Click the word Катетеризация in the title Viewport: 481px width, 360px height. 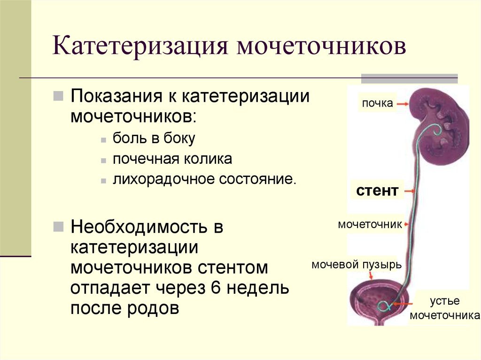click(140, 46)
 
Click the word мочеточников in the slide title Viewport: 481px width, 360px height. click(321, 46)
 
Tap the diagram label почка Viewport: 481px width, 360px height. click(377, 103)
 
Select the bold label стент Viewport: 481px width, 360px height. click(377, 191)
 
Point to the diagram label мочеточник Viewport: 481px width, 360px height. click(370, 224)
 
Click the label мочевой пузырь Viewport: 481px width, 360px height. click(357, 264)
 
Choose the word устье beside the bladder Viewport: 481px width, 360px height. click(444, 301)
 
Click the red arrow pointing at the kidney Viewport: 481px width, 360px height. click(403, 104)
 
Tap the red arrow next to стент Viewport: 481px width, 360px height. click(410, 191)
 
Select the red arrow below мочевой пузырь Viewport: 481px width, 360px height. click(371, 276)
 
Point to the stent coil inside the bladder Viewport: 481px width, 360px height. click(383, 306)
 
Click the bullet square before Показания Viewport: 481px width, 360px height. click(58, 96)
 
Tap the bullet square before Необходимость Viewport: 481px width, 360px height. click(58, 227)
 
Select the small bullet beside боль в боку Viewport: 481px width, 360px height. click(103, 140)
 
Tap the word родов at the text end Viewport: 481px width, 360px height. click(153, 308)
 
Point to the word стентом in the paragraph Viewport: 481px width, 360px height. click(233, 268)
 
